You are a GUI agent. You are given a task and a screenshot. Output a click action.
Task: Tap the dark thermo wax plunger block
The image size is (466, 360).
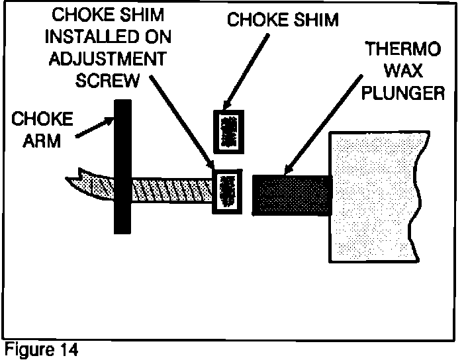(x=291, y=195)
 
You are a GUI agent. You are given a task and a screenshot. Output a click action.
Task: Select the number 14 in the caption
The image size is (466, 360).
(x=69, y=349)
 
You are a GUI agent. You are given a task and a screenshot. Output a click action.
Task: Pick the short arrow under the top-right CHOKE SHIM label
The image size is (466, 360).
(x=249, y=73)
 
